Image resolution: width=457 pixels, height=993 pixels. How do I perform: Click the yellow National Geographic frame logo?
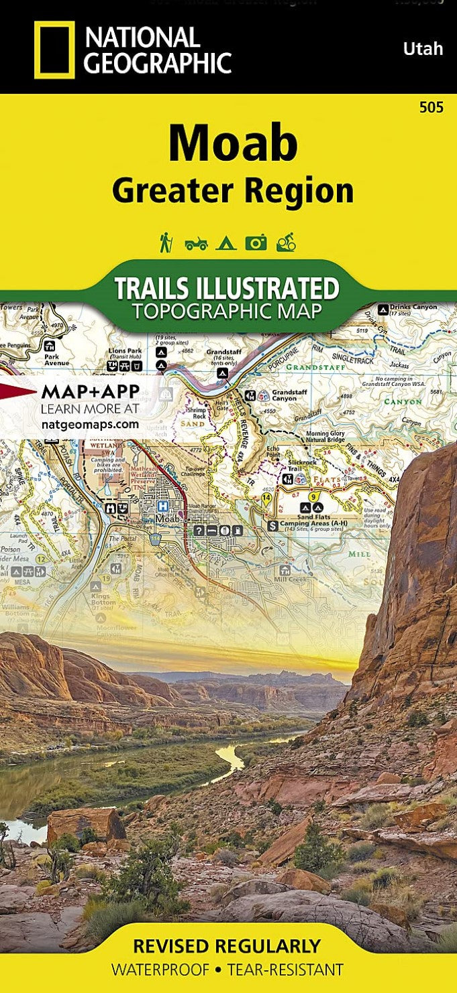point(54,50)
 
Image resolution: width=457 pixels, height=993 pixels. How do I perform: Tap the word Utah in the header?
point(423,49)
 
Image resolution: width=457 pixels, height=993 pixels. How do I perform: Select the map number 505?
point(430,108)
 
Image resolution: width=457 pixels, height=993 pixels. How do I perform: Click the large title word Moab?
point(233,144)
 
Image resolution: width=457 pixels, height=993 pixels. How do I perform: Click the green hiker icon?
point(165,242)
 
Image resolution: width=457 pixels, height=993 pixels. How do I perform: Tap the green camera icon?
point(256,243)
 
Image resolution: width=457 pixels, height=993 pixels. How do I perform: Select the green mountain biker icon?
point(286,242)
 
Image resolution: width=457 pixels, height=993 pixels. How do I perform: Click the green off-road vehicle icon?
point(196,243)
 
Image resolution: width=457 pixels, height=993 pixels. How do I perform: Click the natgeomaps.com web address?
point(90,424)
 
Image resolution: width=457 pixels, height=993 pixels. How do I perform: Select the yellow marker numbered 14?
point(267,498)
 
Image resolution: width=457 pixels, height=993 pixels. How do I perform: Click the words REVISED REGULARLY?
point(227,946)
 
